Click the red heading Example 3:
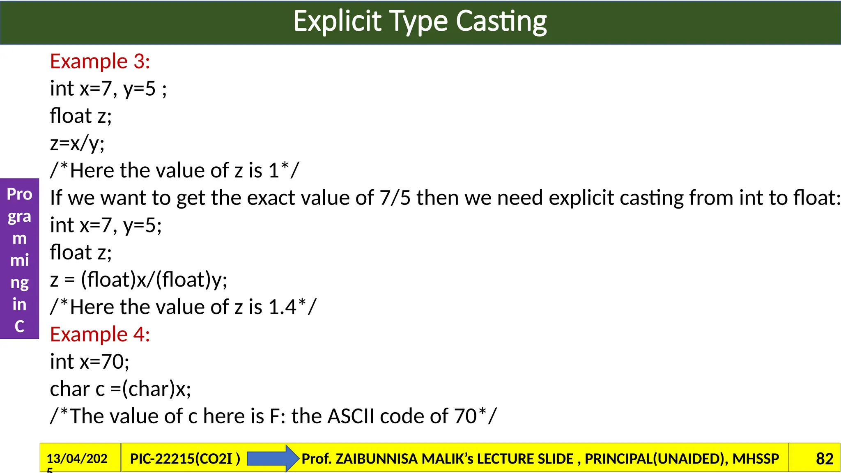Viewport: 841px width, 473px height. tap(100, 62)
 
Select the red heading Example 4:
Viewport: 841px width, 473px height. tap(100, 334)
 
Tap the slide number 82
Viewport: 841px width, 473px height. tap(824, 459)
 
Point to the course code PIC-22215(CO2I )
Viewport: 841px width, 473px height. tap(185, 459)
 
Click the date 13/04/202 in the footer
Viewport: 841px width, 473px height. tap(77, 458)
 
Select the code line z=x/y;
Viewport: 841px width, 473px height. tap(77, 143)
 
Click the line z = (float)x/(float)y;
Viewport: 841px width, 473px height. tap(138, 280)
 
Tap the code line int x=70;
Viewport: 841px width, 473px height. tap(90, 362)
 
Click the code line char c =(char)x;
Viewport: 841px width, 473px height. tap(120, 389)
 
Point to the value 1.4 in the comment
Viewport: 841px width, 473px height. tap(282, 307)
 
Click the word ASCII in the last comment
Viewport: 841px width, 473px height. tap(352, 416)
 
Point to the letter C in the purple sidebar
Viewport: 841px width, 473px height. tap(19, 326)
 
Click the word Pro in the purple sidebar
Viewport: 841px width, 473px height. tap(19, 194)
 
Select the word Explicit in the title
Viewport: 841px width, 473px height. tap(337, 21)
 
